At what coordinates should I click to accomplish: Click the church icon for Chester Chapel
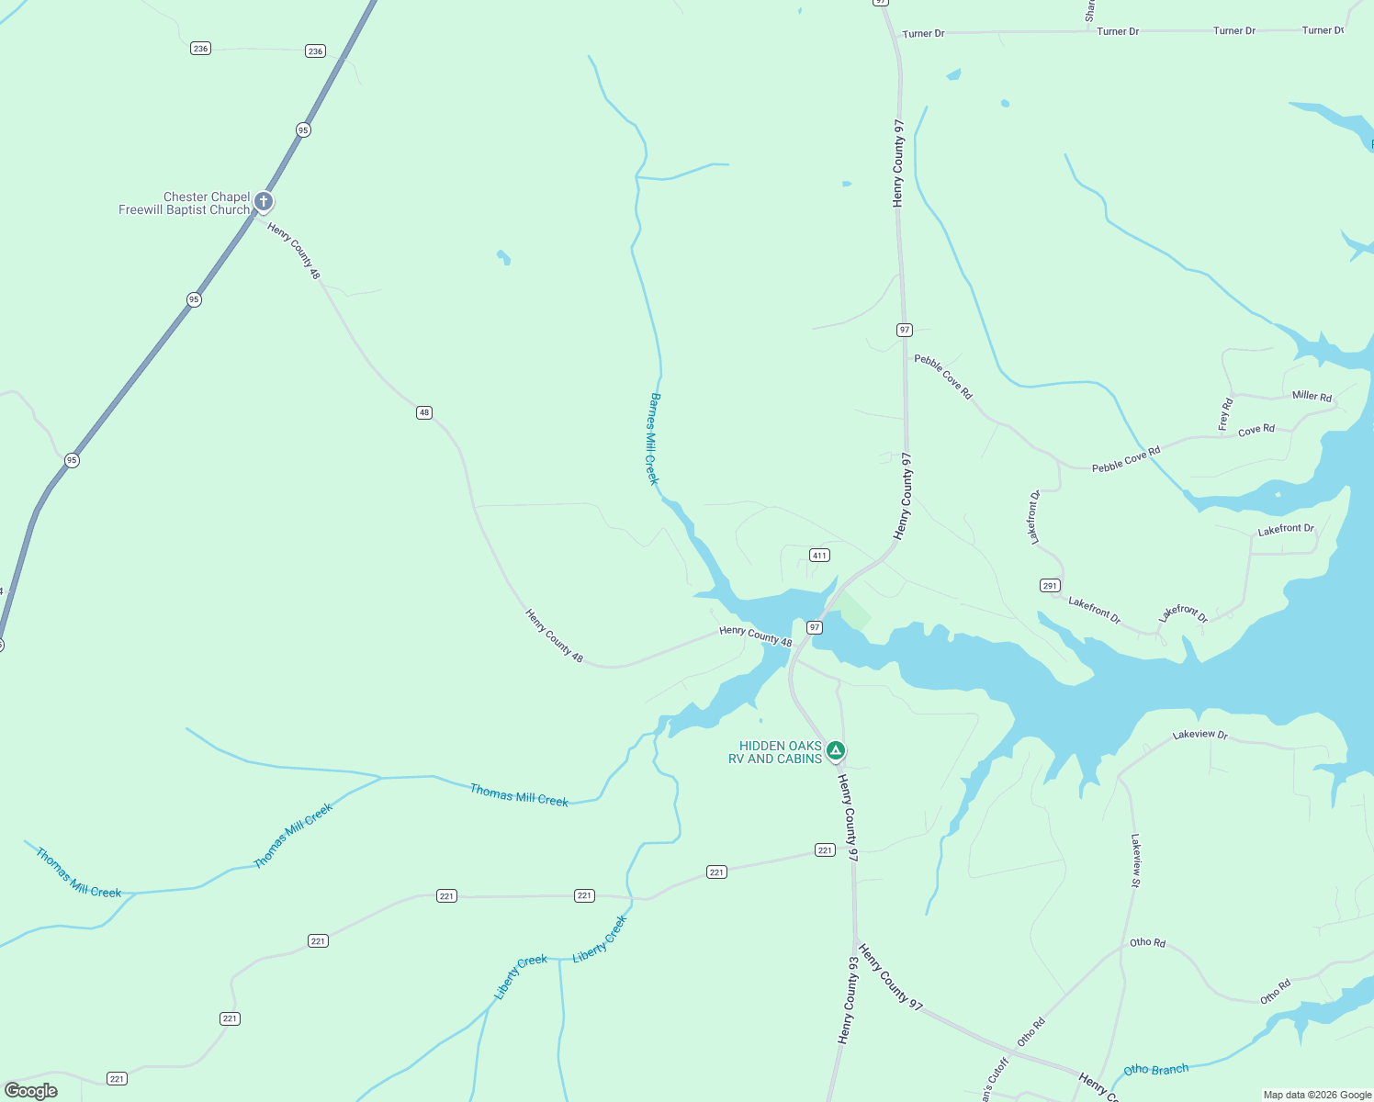click(264, 202)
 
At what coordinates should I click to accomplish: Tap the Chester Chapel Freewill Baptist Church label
click(185, 204)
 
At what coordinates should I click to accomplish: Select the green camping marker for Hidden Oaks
click(835, 751)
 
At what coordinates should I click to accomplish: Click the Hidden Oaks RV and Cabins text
click(776, 752)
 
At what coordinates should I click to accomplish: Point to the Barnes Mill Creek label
click(654, 439)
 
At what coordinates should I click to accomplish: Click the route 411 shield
click(819, 555)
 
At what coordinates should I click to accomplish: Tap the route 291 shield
click(1050, 585)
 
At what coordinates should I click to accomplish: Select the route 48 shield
click(423, 412)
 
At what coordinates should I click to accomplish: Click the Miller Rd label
click(1312, 396)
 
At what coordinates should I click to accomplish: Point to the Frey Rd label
click(1225, 414)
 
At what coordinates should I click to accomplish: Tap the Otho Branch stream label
click(1155, 1070)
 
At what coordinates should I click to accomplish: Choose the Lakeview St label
click(1135, 860)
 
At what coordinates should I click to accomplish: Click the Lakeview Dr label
click(1200, 735)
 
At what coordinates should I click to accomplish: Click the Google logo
click(31, 1090)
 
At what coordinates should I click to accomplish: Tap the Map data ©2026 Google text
click(1317, 1095)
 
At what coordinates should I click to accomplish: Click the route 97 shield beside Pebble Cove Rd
click(905, 330)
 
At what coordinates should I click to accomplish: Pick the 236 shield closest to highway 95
click(315, 51)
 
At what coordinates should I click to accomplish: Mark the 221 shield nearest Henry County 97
click(825, 850)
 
